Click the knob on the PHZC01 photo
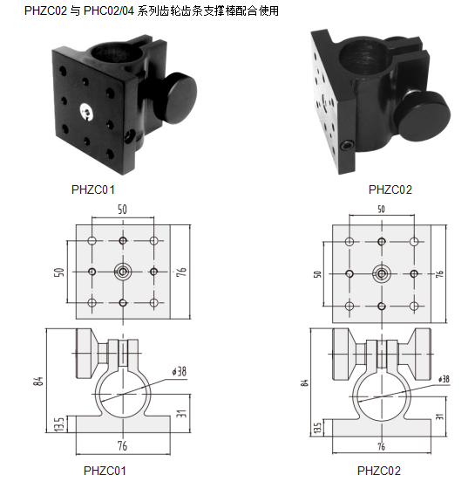tap(175, 97)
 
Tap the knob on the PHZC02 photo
tap(423, 116)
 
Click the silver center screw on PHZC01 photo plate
tap(86, 112)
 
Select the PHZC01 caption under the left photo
tap(93, 189)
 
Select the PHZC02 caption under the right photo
tap(390, 189)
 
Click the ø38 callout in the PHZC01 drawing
tap(180, 371)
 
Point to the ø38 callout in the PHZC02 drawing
tap(444, 379)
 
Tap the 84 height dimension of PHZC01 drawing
tap(38, 381)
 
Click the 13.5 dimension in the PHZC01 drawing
tap(59, 424)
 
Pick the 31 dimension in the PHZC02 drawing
tap(439, 416)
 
